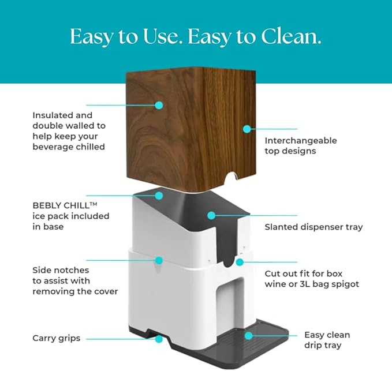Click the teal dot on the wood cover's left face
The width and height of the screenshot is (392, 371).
pyautogui.click(x=159, y=105)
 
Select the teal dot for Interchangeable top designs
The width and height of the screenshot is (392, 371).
pyautogui.click(x=247, y=129)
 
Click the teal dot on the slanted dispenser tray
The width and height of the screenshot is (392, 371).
pyautogui.click(x=211, y=215)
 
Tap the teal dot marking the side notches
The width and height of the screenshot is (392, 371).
pyautogui.click(x=159, y=260)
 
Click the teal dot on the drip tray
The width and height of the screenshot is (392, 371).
pyautogui.click(x=248, y=335)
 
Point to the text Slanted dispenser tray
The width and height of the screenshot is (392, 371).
pyautogui.click(x=313, y=227)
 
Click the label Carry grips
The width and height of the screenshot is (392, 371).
pyautogui.click(x=56, y=338)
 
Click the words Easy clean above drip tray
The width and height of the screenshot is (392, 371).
pyautogui.click(x=327, y=335)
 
